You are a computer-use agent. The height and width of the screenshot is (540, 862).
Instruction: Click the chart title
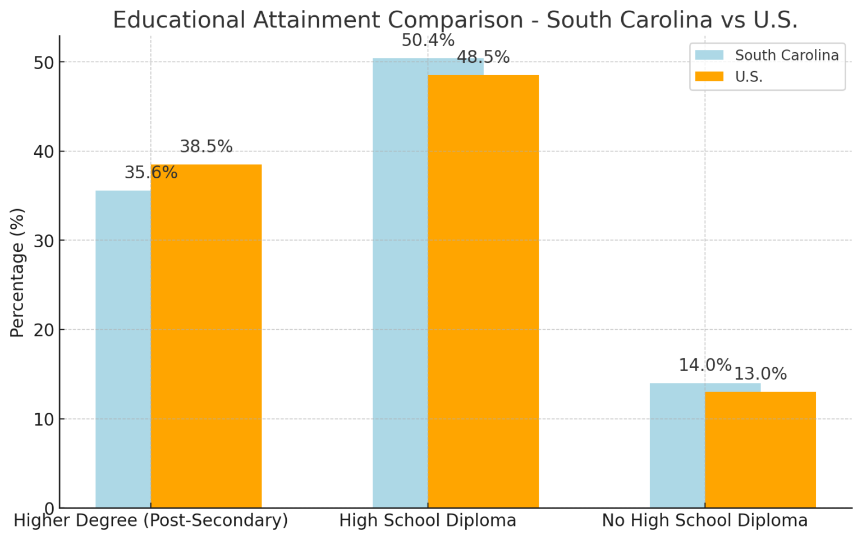pyautogui.click(x=455, y=20)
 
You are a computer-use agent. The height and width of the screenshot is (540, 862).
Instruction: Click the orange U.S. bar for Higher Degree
pyautogui.click(x=206, y=336)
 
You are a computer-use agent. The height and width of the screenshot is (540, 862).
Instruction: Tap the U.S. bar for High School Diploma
pyautogui.click(x=483, y=292)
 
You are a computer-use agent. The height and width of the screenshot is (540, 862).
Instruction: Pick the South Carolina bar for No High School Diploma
pyautogui.click(x=677, y=446)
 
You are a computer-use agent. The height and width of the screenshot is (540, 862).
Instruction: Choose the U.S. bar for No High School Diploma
pyautogui.click(x=760, y=450)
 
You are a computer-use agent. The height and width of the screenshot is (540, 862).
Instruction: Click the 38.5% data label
pyautogui.click(x=206, y=147)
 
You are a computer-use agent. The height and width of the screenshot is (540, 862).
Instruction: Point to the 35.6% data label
pyautogui.click(x=151, y=173)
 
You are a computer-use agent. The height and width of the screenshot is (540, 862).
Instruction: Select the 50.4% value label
pyautogui.click(x=428, y=40)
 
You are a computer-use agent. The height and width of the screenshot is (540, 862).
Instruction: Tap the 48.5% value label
pyautogui.click(x=483, y=57)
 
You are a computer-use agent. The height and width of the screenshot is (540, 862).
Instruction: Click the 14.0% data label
pyautogui.click(x=705, y=366)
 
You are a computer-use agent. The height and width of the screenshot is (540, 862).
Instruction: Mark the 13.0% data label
pyautogui.click(x=760, y=374)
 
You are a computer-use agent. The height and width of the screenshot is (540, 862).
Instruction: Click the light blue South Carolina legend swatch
pyautogui.click(x=709, y=55)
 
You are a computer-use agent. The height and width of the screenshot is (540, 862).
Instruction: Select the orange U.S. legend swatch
pyautogui.click(x=709, y=76)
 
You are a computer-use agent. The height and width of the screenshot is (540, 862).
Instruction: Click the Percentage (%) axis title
pyautogui.click(x=17, y=273)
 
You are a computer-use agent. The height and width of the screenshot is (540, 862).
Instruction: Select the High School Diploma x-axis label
pyautogui.click(x=428, y=520)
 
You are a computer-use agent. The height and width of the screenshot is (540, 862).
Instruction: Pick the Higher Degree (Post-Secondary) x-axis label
pyautogui.click(x=150, y=520)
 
